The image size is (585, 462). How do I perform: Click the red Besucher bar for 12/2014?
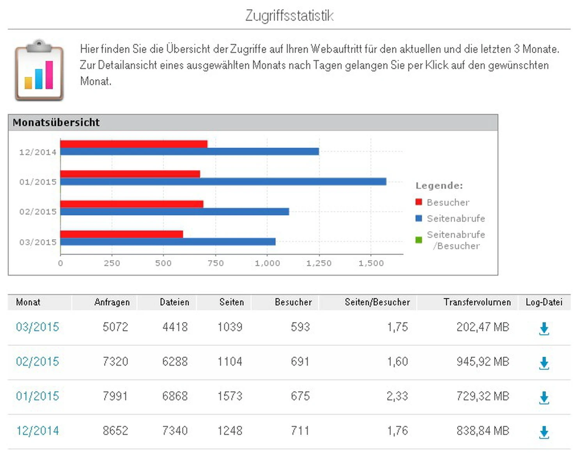[134, 144]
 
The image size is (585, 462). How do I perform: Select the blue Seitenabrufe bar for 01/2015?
[223, 182]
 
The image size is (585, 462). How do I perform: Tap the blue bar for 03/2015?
[168, 242]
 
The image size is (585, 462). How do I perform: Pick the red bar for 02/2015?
[132, 204]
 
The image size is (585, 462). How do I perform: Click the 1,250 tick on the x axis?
[319, 263]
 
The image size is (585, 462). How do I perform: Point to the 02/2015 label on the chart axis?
[38, 212]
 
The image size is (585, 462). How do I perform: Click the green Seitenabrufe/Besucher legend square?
[419, 240]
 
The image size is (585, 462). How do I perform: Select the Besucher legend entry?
[447, 202]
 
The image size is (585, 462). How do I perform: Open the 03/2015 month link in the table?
[37, 327]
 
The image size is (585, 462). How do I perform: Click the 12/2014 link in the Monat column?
[37, 431]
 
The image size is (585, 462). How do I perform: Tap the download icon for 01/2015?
[544, 398]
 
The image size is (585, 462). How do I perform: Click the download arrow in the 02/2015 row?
[544, 363]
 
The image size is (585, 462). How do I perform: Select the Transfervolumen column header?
[477, 302]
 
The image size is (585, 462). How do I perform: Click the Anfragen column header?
[112, 302]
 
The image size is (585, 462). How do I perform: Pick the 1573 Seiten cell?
[230, 396]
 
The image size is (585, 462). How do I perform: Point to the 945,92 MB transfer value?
[483, 361]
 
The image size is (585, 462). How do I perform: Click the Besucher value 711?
[300, 431]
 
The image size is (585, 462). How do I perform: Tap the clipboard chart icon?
[39, 70]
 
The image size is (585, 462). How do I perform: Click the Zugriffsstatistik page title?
[289, 16]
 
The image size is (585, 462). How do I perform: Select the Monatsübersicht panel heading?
[56, 122]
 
